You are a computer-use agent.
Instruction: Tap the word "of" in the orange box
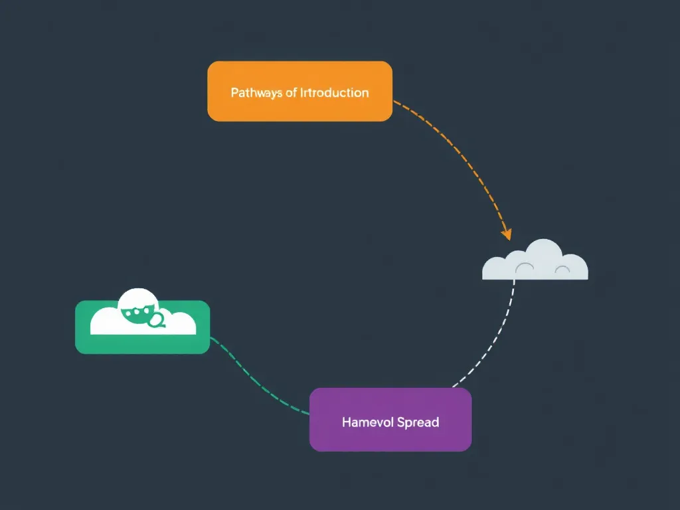pyautogui.click(x=291, y=92)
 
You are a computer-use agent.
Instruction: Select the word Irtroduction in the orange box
pyautogui.click(x=334, y=92)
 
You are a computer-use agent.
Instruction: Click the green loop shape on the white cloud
pyautogui.click(x=157, y=321)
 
